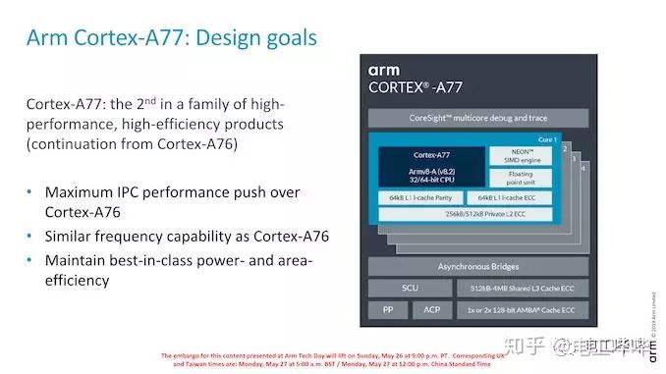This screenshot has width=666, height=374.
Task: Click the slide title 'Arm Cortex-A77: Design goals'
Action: click(172, 38)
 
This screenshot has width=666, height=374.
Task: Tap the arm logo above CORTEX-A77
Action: click(384, 71)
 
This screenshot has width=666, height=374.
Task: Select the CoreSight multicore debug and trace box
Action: click(478, 119)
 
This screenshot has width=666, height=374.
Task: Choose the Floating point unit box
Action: click(523, 179)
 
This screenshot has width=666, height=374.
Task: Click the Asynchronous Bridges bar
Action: click(478, 267)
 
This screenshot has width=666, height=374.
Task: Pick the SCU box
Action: click(410, 289)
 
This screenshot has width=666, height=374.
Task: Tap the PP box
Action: click(387, 310)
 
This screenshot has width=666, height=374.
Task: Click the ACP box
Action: click(433, 310)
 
